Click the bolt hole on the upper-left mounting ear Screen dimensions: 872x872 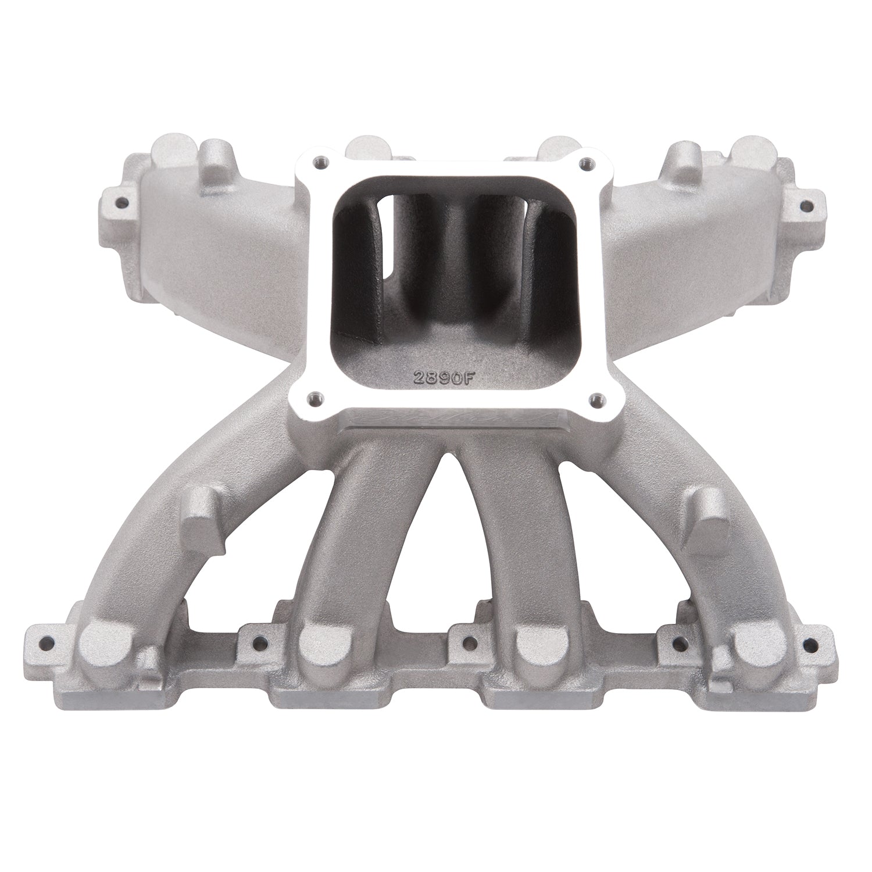pyautogui.click(x=122, y=203)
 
